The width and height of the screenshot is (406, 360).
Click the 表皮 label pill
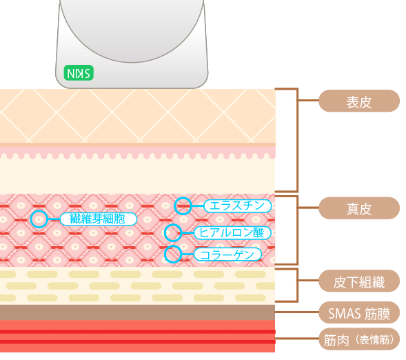point(358,101)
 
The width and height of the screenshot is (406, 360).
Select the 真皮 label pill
point(358,208)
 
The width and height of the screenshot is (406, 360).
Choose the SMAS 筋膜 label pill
point(358,314)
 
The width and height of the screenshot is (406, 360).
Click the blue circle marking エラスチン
point(183,205)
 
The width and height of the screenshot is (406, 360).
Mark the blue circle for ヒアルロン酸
point(173,232)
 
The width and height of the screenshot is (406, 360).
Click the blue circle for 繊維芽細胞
point(40,219)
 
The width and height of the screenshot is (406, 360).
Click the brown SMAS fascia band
point(138,312)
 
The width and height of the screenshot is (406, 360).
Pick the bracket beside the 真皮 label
point(297,230)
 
